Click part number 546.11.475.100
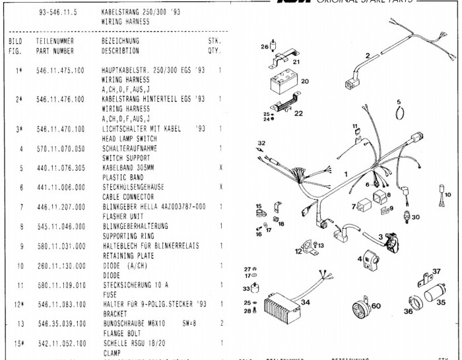click(60, 70)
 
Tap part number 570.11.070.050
click(60, 149)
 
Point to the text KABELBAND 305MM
click(129, 168)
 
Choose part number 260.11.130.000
click(60, 266)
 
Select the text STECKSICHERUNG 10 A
click(135, 285)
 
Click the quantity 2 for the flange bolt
click(220, 324)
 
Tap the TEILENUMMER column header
click(55, 41)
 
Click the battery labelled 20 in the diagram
click(284, 84)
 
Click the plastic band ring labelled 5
click(399, 113)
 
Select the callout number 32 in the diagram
click(261, 143)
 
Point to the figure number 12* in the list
click(20, 305)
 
